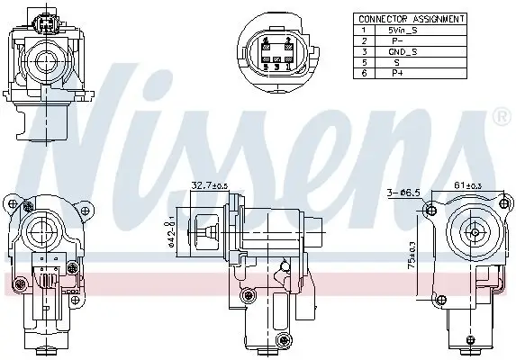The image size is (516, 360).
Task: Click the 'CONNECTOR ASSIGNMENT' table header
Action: tap(411, 18)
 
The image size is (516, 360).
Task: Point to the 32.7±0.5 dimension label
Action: tap(209, 186)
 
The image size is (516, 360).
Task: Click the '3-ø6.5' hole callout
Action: tap(402, 192)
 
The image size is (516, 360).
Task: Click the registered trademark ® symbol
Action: tap(502, 116)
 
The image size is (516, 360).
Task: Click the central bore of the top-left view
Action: tap(42, 61)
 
